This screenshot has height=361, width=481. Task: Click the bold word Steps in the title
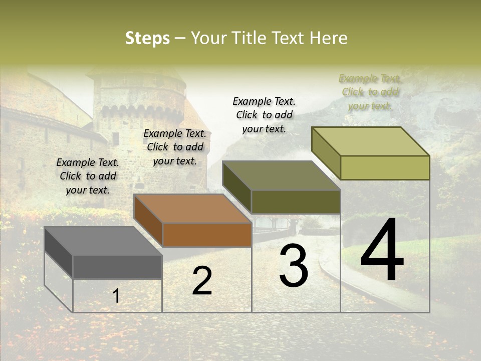147,38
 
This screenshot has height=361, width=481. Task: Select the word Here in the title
329,38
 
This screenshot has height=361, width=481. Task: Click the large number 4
382,250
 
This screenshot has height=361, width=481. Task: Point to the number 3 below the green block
294,266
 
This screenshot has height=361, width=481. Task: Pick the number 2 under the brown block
202,281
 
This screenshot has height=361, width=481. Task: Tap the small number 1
116,296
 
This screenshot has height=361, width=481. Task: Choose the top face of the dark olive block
281,175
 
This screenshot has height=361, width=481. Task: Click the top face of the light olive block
370,141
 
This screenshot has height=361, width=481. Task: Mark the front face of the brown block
207,235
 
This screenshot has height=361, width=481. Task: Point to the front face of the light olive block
385,167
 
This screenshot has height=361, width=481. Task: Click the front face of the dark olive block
296,202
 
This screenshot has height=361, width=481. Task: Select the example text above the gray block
88,176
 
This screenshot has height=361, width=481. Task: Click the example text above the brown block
175,147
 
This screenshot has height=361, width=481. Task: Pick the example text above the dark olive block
264,115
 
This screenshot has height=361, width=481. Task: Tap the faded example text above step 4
370,92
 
